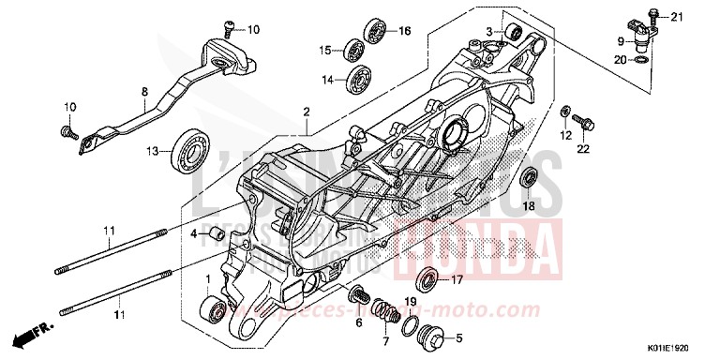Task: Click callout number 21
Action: pos(678,17)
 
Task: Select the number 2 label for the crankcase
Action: pos(306,112)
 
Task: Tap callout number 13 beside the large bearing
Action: pos(152,150)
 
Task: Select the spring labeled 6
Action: pos(358,296)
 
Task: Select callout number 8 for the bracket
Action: pos(145,92)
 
